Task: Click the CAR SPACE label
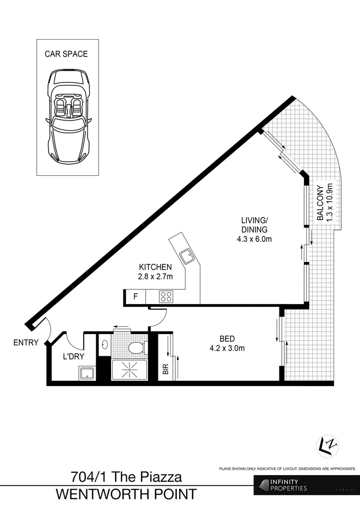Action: [66, 54]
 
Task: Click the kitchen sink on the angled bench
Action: [187, 256]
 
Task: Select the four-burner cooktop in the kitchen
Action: [165, 297]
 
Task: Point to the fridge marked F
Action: [136, 297]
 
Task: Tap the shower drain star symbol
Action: [129, 370]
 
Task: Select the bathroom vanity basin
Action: [104, 344]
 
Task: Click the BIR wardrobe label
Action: [165, 369]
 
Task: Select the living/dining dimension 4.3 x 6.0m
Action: [254, 239]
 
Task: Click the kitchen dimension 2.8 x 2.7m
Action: [155, 277]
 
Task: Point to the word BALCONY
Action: [320, 203]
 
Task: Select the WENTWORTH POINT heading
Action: [126, 494]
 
